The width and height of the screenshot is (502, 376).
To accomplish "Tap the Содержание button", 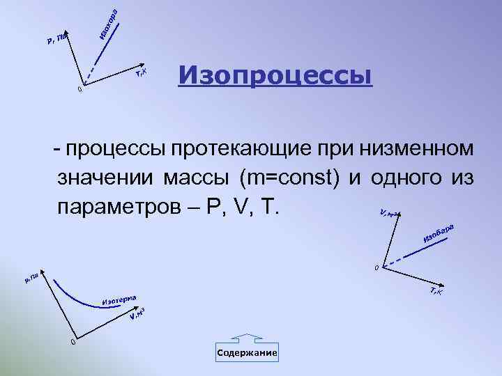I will [247, 353].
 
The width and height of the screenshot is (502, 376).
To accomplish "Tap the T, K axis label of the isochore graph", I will [141, 71].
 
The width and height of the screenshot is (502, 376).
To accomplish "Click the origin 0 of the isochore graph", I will [80, 89].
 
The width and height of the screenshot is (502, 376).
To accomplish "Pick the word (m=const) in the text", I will [289, 178].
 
